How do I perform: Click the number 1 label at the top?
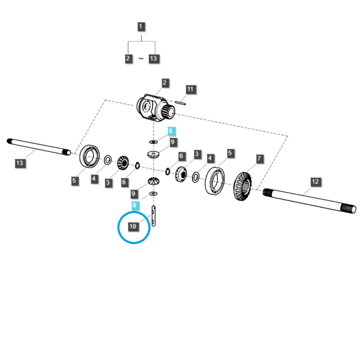[x=141, y=26]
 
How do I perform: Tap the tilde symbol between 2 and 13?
[x=141, y=59]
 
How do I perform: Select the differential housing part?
[x=155, y=107]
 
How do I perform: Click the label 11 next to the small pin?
[x=190, y=89]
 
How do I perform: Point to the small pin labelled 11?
[x=180, y=103]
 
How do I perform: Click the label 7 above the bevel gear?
[x=259, y=158]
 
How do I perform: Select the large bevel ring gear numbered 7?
[x=242, y=186]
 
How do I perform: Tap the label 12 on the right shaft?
[x=316, y=182]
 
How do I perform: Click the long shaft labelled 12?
[x=310, y=200]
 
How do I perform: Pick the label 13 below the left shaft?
[x=20, y=163]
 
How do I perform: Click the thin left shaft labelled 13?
[x=39, y=147]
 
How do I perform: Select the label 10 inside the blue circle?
[x=133, y=227]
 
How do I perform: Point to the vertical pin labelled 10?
[x=154, y=216]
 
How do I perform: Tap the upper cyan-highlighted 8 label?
[x=170, y=131]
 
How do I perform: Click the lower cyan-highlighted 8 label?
[x=135, y=205]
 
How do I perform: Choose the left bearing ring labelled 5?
[x=90, y=157]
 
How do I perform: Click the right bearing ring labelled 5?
[x=215, y=181]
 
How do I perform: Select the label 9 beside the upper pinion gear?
[x=173, y=142]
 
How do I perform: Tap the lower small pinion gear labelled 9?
[x=154, y=181]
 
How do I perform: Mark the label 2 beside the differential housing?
[x=164, y=83]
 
